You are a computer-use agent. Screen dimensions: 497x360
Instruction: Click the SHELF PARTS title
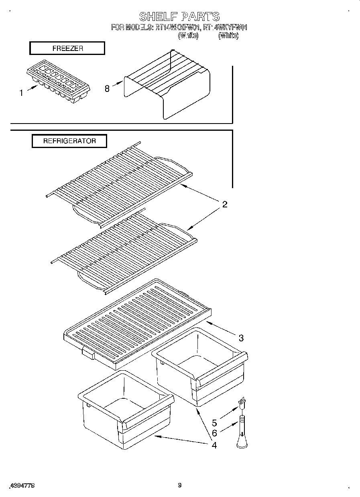[x=179, y=16]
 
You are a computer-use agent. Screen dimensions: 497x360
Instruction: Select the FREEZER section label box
[x=67, y=48]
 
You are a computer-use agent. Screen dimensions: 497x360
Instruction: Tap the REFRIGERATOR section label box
[x=69, y=141]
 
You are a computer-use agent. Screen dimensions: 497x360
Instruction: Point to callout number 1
[x=21, y=93]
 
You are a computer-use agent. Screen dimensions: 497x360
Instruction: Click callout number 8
[x=107, y=89]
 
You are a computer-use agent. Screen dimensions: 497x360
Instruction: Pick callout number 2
[x=225, y=205]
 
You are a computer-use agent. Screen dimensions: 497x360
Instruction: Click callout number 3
[x=241, y=338]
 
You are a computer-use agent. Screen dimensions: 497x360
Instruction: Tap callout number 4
[x=214, y=445]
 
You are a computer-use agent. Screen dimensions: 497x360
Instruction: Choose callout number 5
[x=214, y=423]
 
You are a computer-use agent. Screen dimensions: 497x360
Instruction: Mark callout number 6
[x=214, y=433]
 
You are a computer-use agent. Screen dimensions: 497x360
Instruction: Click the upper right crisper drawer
[x=199, y=365]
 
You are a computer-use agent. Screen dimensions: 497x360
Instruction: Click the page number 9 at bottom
[x=179, y=485]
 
